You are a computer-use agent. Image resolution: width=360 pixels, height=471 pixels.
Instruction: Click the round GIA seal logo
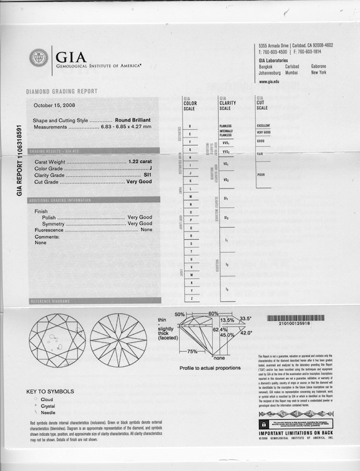[x=39, y=58]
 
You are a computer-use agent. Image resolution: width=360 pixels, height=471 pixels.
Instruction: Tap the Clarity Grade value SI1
[x=148, y=175]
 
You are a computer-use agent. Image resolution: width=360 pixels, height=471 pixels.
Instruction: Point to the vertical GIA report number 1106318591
[x=19, y=161]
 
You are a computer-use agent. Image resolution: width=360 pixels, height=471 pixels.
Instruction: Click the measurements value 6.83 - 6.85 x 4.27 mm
[x=126, y=126]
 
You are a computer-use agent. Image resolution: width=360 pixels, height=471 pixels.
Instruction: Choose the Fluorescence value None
[x=146, y=230]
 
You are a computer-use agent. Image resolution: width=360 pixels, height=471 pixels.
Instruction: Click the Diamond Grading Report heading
[x=62, y=91]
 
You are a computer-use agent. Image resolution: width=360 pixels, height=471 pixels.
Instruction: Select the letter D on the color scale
[x=190, y=125]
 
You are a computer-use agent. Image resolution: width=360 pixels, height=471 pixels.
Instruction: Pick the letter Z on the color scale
[x=192, y=298]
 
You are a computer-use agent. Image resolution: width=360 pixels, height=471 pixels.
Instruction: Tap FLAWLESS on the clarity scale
[x=226, y=125]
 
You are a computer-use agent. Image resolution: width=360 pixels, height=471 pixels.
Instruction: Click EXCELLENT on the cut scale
[x=264, y=125]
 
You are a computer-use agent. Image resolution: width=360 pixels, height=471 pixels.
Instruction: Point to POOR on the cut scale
[x=261, y=175]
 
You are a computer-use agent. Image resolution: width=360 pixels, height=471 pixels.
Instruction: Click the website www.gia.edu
[x=269, y=81]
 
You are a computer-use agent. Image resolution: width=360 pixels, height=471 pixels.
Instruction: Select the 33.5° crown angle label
[x=246, y=319]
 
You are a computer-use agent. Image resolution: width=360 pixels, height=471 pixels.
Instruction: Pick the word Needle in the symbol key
[x=48, y=412]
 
